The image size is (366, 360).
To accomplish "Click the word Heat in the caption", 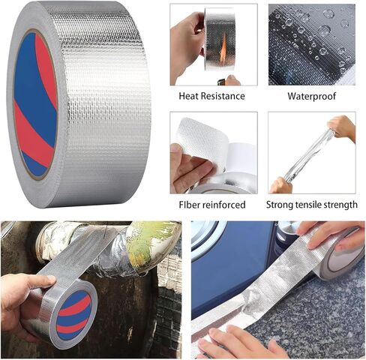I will tap(190, 97).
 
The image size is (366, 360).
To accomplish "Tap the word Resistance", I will tap(223, 97).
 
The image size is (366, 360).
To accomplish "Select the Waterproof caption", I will tap(311, 97).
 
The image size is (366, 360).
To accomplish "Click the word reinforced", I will tap(221, 204).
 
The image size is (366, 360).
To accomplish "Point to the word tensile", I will tap(313, 204).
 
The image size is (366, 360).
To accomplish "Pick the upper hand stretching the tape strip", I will tap(342, 127).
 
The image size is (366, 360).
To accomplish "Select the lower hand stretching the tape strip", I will tap(281, 184).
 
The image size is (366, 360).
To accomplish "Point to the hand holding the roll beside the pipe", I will tap(22, 299).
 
